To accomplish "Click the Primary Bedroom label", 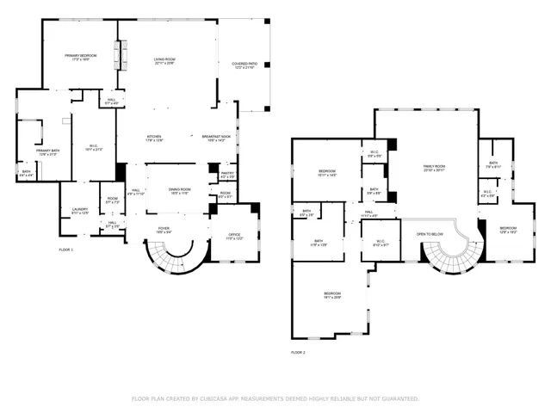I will tap(81, 55).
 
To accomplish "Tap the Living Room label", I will tap(164, 59).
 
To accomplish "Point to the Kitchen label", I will tap(154, 137).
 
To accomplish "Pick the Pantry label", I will tap(227, 173).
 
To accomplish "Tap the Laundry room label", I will tap(80, 210).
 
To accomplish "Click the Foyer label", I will tap(164, 229).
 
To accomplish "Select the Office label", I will tap(234, 234).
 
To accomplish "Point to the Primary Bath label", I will tap(47, 151).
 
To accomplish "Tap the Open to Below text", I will tap(430, 233).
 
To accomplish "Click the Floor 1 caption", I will tap(66, 250).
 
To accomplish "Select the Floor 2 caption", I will tap(298, 353).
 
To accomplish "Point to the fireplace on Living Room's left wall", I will tap(122, 55).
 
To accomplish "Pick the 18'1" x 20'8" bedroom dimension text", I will tap(333, 298).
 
